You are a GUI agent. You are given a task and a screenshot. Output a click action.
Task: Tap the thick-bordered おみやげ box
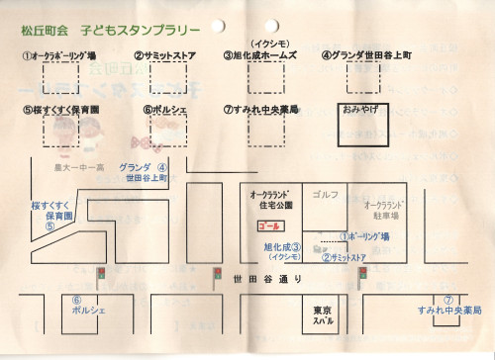[x=363, y=123]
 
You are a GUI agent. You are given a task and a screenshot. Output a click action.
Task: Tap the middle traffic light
[x=217, y=273]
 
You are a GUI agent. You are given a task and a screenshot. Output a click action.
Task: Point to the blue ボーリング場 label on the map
[x=371, y=237]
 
